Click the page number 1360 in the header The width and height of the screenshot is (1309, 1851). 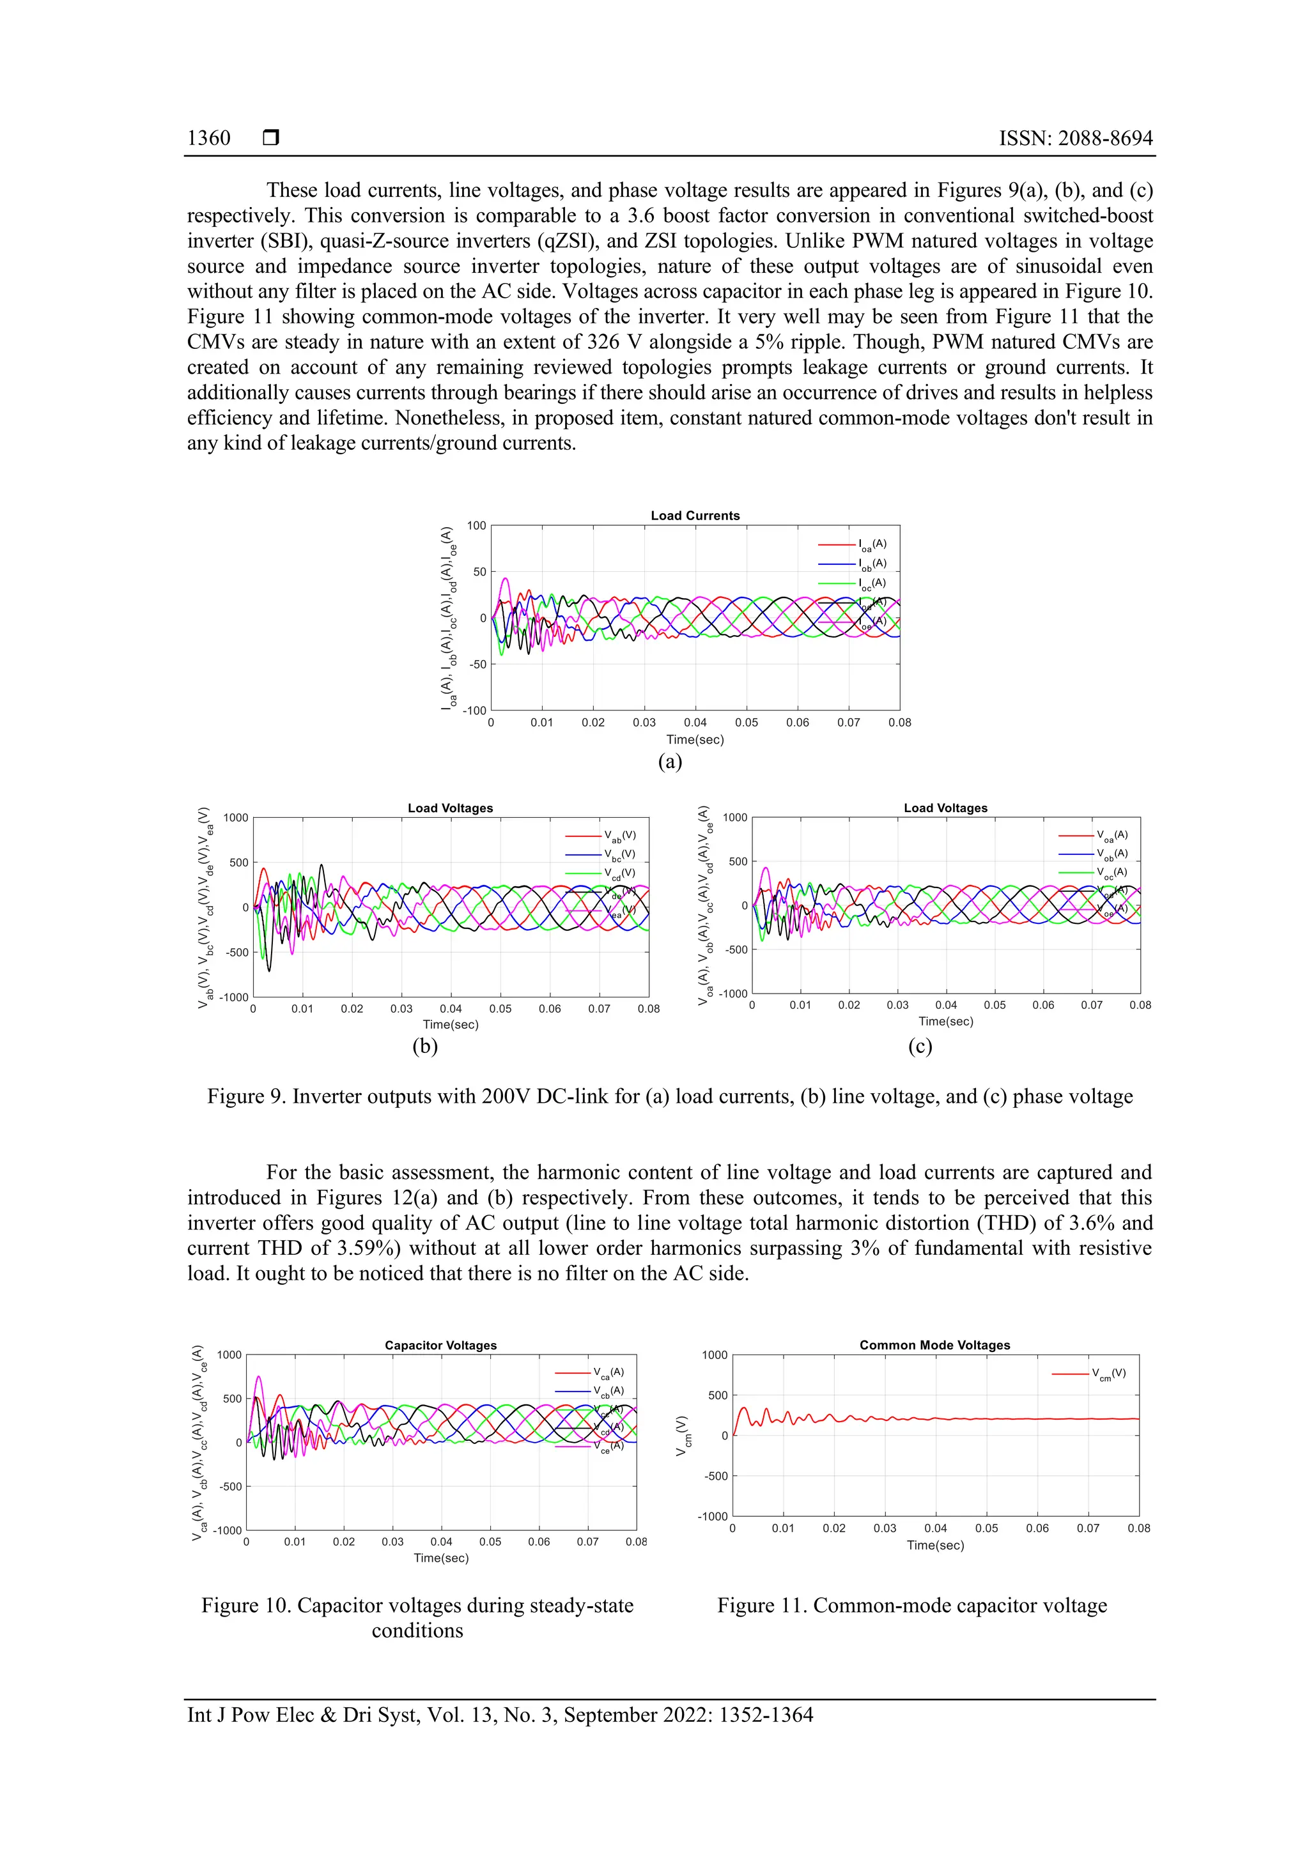coord(209,138)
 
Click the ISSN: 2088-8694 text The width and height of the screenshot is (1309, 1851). coord(1075,138)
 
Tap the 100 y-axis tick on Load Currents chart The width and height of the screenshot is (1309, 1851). coord(477,526)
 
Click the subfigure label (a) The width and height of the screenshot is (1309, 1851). coord(669,761)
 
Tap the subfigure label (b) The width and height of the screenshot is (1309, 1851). coord(424,1047)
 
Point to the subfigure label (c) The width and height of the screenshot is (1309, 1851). coord(920,1047)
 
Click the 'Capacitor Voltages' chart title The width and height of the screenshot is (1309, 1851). coord(440,1345)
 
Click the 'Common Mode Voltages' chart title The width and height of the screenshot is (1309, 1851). coord(934,1345)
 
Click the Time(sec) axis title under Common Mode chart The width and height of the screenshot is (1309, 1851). coord(934,1545)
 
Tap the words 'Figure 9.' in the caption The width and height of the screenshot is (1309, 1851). coord(246,1096)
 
